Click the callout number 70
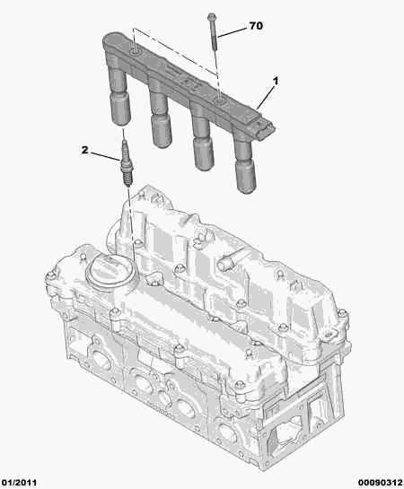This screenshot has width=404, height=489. tap(256, 26)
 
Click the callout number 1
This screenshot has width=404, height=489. tap(275, 81)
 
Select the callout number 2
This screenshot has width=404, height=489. tap(84, 150)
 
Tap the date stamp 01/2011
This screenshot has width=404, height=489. tap(19, 483)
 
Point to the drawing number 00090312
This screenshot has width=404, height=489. tap(381, 483)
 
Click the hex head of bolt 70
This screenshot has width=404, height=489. tap(211, 16)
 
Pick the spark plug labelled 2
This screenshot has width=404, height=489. tap(126, 162)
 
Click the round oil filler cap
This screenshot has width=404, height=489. tap(111, 270)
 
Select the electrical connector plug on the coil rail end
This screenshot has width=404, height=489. tap(265, 131)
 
